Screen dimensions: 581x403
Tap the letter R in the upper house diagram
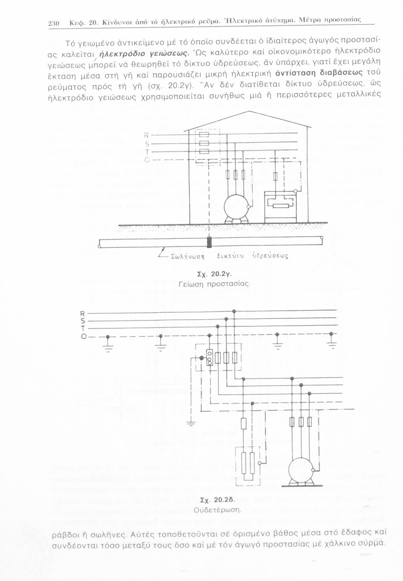(x=147, y=135)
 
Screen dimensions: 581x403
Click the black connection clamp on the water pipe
(x=209, y=242)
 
